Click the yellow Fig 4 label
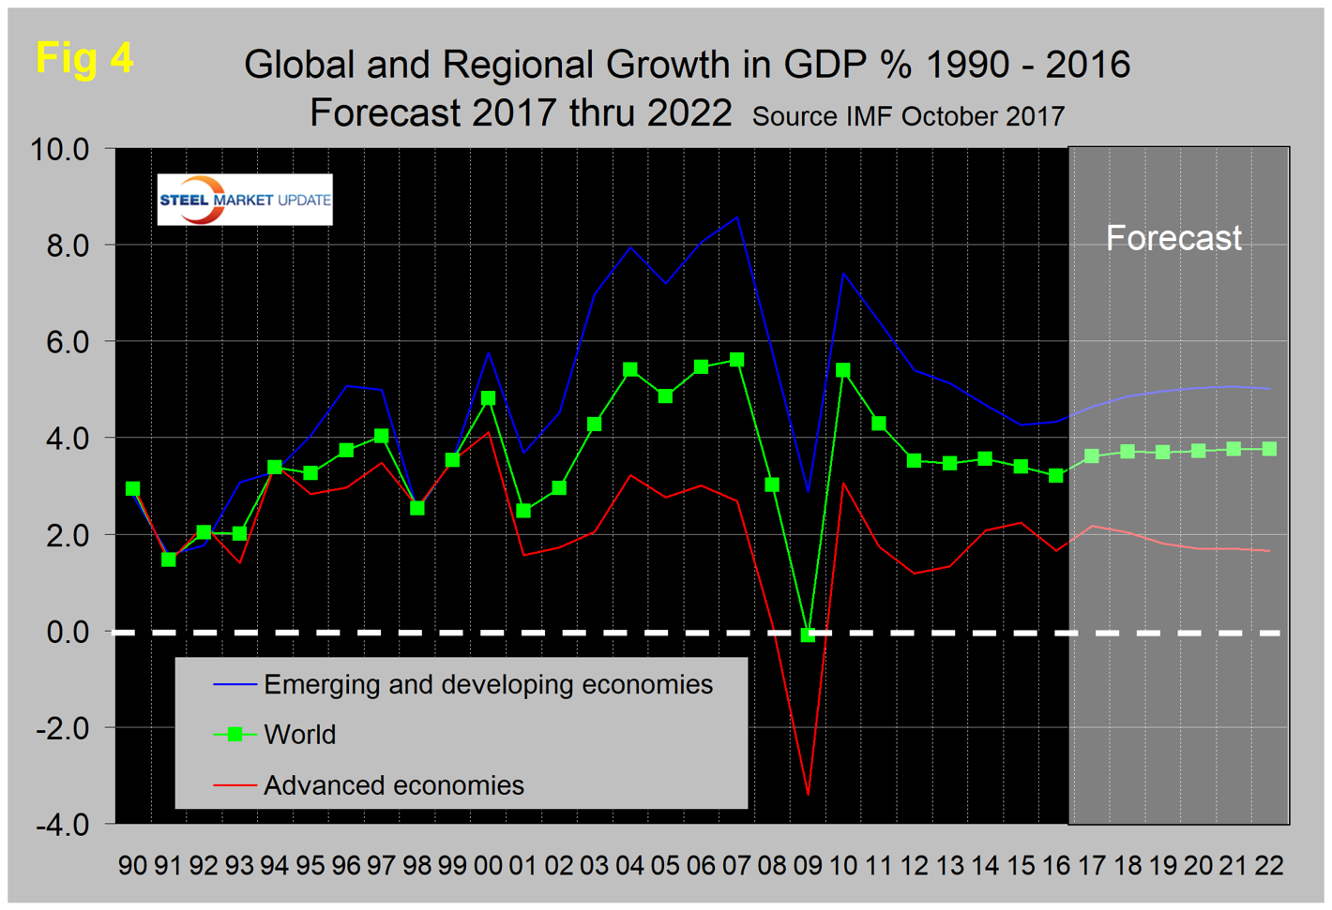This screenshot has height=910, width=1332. [84, 58]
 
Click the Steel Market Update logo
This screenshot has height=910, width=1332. [245, 200]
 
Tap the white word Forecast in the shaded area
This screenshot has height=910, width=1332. [1173, 238]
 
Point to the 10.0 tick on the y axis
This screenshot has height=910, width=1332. [60, 149]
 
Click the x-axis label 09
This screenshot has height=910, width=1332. [808, 865]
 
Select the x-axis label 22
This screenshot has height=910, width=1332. [1269, 865]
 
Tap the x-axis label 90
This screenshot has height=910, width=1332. [133, 865]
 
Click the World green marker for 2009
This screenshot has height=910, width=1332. [808, 634]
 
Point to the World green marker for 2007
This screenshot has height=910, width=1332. [736, 360]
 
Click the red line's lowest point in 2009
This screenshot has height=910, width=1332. [808, 795]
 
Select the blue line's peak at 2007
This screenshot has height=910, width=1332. [737, 217]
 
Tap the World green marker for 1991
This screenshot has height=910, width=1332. [169, 559]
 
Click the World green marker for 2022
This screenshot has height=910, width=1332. [1269, 450]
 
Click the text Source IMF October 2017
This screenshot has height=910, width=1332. [908, 117]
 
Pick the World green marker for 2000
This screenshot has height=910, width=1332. [488, 398]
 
